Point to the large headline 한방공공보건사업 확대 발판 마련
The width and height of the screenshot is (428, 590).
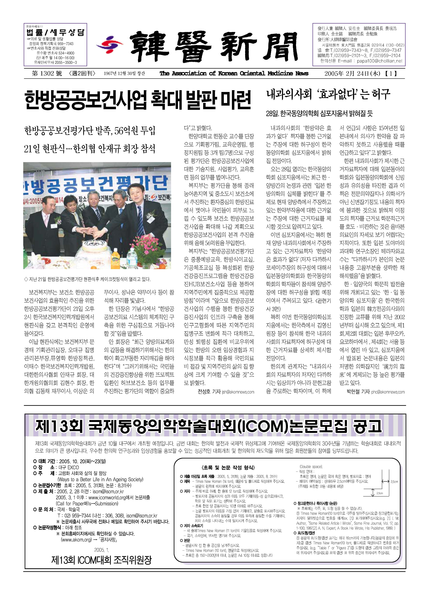click(x=138, y=100)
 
